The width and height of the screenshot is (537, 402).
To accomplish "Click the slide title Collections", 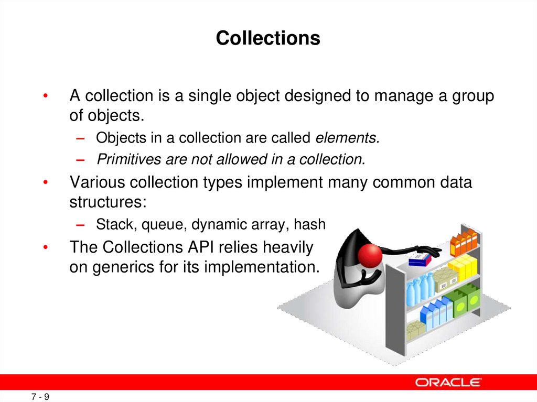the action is tap(268, 38).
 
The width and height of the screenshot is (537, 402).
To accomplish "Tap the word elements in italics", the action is tap(346, 138).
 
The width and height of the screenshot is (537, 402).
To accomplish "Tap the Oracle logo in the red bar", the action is tap(448, 382).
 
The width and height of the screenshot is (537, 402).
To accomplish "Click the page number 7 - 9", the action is tap(40, 397).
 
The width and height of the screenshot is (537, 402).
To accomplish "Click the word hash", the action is tap(310, 224).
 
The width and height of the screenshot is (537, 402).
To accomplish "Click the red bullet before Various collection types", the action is tap(46, 182).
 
